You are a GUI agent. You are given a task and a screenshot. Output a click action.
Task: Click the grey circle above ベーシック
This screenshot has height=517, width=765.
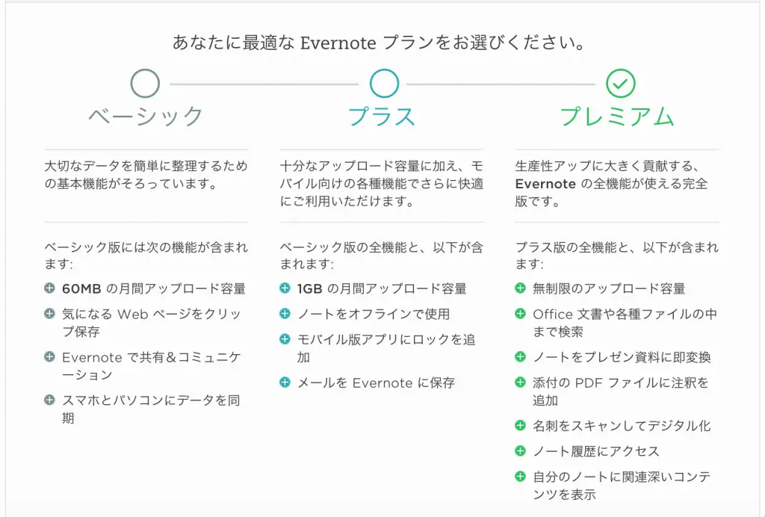tap(145, 84)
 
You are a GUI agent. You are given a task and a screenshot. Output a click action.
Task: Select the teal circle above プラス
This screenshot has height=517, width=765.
tap(384, 84)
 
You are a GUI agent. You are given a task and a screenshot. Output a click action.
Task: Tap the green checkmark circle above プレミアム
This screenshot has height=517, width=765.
tap(620, 84)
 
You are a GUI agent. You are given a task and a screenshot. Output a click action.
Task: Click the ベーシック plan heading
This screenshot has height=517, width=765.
tap(146, 117)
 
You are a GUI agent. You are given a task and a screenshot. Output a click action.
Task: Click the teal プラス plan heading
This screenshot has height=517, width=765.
tap(382, 117)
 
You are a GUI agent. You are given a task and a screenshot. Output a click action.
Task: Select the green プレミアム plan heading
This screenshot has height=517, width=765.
tap(617, 117)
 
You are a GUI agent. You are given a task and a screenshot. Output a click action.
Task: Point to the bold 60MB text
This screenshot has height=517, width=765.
tap(81, 288)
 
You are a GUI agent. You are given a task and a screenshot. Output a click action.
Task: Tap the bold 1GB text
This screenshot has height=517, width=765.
tap(310, 288)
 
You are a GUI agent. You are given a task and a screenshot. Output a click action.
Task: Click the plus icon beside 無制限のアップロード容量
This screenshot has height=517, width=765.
tap(520, 288)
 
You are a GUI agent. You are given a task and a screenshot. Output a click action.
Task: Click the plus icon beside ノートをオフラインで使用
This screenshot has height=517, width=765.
tap(285, 314)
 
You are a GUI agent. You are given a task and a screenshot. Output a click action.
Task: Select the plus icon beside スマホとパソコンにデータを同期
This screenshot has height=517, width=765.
tap(49, 400)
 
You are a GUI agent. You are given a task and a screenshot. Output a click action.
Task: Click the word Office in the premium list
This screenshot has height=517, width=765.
tap(552, 314)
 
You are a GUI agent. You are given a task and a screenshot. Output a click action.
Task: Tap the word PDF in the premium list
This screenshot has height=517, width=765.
tap(587, 383)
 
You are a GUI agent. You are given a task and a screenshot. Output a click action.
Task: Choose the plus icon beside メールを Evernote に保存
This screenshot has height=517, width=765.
tap(285, 383)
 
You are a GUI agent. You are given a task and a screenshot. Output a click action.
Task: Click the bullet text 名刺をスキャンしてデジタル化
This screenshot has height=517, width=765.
tap(621, 426)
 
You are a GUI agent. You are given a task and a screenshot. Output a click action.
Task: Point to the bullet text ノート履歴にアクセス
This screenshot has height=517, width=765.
tap(595, 451)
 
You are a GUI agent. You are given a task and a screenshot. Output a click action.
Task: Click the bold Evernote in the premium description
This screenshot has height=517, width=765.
tap(545, 184)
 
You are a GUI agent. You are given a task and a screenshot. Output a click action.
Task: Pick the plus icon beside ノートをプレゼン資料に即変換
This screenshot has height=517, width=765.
tap(520, 357)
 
